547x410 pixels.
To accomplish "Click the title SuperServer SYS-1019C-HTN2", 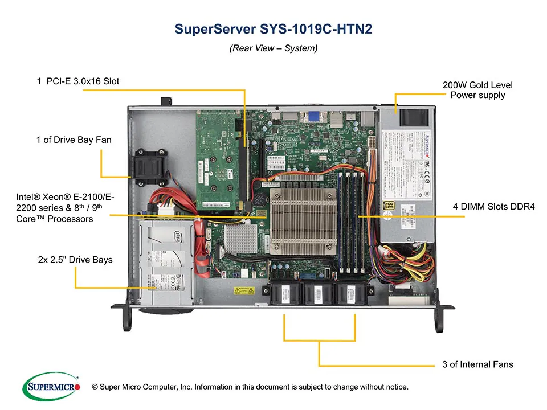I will (273, 29).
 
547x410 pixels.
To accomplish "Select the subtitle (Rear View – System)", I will (273, 48).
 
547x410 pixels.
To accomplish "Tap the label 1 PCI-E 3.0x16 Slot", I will (78, 81).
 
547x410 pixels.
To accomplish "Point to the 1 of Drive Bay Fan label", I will (74, 140).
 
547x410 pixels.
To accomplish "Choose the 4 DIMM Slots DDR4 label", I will (493, 206).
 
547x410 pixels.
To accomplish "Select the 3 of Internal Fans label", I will (477, 364).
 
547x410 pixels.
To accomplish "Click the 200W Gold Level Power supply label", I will (477, 90).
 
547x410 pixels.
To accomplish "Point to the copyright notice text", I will (250, 387).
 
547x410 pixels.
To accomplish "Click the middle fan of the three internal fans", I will (317, 294).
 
